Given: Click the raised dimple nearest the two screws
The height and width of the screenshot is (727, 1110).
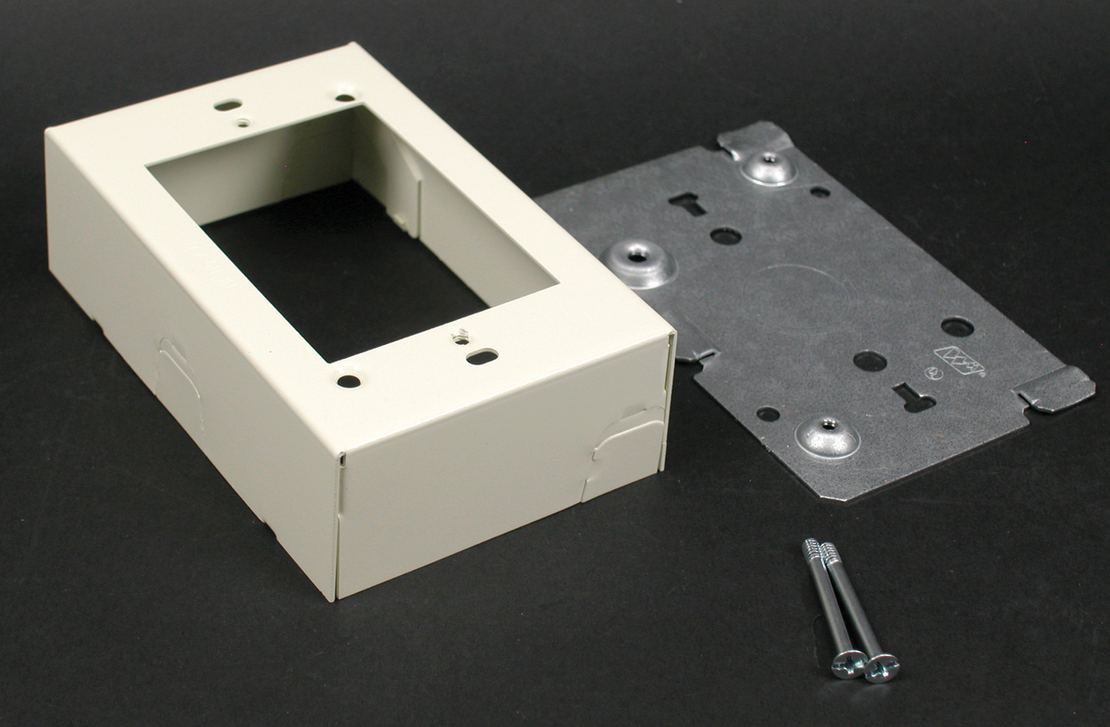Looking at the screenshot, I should coord(827,435).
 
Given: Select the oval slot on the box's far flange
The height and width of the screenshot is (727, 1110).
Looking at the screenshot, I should coord(228,105).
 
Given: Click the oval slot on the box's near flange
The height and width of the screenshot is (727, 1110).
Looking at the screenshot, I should coord(482,356).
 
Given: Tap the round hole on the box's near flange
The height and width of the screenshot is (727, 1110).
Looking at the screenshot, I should coord(348,380).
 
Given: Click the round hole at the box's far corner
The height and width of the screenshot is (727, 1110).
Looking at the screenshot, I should coord(344,96).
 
